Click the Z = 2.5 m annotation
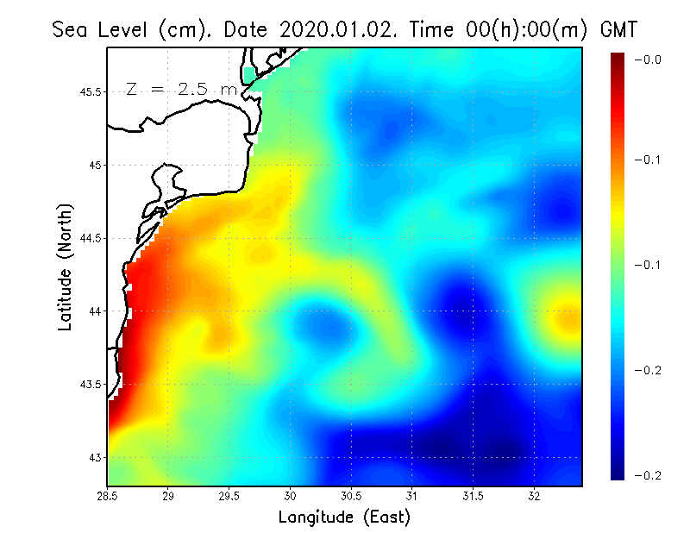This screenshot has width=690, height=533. [181, 89]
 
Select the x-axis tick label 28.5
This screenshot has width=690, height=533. [108, 497]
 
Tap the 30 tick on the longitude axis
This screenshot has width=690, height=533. [291, 497]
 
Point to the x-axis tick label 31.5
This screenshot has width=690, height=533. [474, 497]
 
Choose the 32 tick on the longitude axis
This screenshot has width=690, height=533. [535, 497]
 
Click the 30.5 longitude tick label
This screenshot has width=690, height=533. [352, 497]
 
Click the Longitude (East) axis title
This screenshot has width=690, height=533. [344, 517]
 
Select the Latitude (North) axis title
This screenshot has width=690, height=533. [65, 266]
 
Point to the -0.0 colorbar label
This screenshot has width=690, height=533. [648, 60]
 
